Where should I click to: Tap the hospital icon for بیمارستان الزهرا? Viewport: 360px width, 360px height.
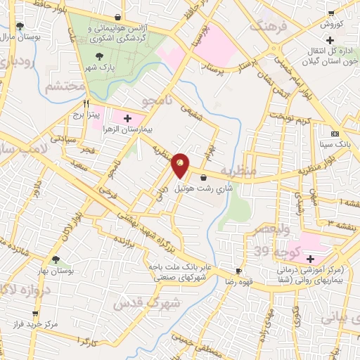pyautogui.click(x=127, y=118)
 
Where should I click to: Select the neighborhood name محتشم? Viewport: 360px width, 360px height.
pyautogui.click(x=63, y=86)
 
